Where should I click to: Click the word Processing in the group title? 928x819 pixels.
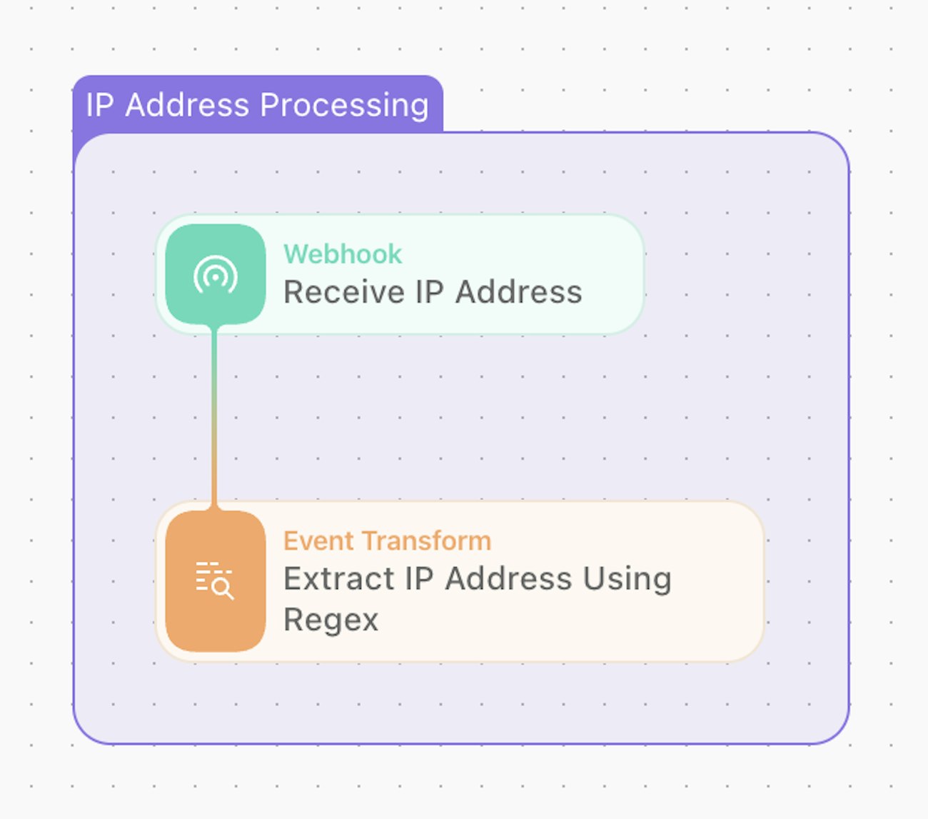344,105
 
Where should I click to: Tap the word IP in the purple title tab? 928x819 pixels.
100,105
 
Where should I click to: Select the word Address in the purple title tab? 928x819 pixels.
187,105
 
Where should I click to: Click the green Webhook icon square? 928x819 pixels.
215,274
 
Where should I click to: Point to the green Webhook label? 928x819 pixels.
343,254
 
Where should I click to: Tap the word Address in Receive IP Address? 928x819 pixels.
519,292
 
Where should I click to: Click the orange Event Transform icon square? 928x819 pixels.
215,581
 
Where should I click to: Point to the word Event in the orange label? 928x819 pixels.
315,541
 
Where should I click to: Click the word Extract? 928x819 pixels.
338,578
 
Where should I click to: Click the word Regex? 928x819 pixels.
331,620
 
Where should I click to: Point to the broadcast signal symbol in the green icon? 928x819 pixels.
215,275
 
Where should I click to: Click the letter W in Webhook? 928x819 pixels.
294,254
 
